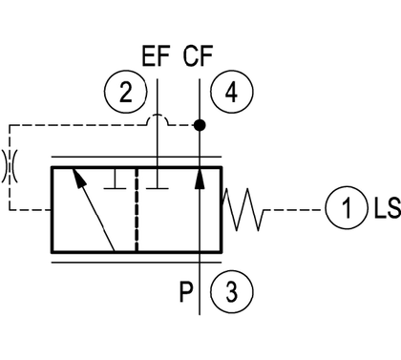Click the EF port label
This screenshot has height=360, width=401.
point(156,56)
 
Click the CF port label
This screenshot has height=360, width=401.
point(198,56)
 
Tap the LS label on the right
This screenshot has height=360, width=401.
point(387,208)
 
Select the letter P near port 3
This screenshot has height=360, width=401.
point(186,292)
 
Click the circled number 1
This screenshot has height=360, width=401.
point(347,207)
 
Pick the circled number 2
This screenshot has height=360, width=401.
point(126,92)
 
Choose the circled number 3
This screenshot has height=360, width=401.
point(232,291)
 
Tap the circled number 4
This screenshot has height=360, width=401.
point(232,93)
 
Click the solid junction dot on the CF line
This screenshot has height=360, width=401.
point(200,125)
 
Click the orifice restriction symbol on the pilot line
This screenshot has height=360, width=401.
point(10,166)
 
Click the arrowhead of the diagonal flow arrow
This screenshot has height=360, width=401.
point(79,178)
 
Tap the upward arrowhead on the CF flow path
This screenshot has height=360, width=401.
point(200,178)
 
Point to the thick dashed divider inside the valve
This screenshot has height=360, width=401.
point(137,209)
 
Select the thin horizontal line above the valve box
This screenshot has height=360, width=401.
point(137,157)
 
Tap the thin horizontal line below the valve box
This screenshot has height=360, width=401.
point(137,263)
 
